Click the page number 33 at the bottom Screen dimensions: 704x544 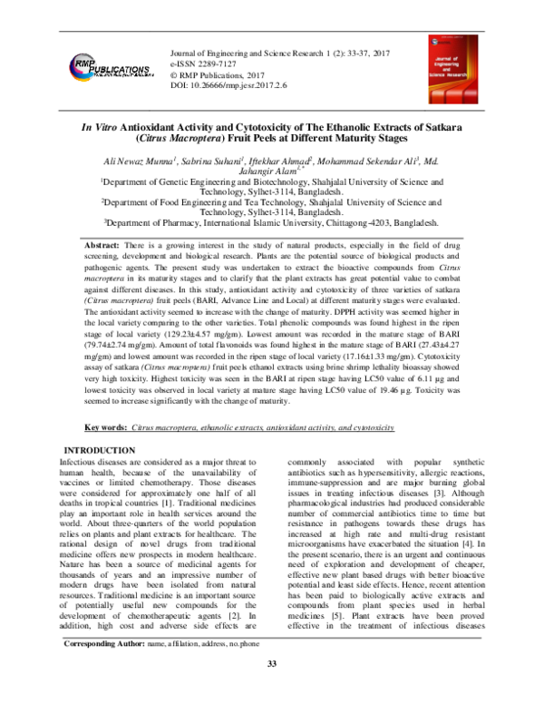point(271,691)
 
